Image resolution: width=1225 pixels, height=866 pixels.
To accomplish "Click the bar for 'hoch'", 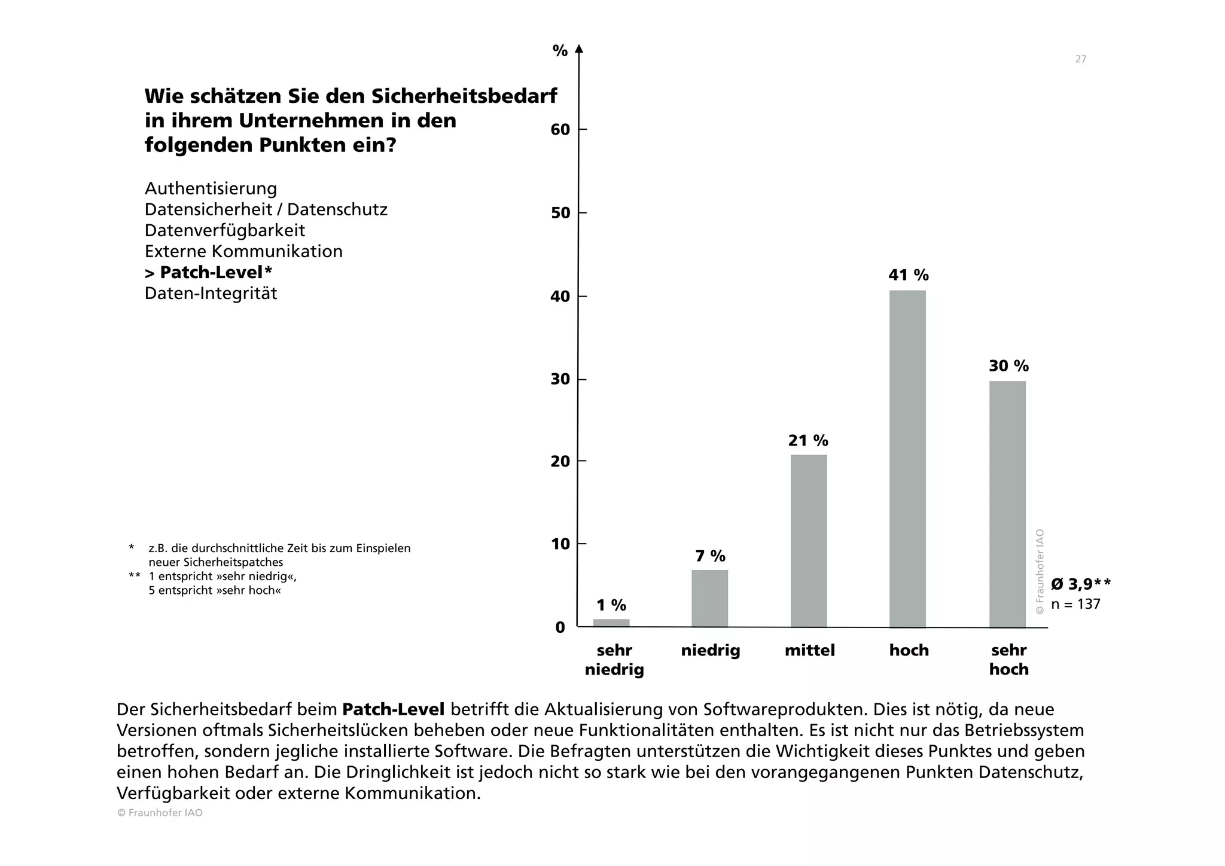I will pos(907,459).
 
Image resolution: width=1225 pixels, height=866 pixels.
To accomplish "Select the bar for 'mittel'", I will pos(809,541).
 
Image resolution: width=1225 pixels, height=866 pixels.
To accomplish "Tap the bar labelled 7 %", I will pos(710,598).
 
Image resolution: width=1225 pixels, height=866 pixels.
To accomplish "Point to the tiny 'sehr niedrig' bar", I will pos(611,623).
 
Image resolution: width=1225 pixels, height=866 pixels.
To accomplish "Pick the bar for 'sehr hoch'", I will pos(1007,504).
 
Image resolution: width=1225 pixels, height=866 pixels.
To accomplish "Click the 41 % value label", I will pos(909,275).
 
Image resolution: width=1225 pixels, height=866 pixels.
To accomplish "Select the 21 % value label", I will pos(808,441).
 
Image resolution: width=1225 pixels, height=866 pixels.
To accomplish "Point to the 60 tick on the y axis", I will pos(560,130).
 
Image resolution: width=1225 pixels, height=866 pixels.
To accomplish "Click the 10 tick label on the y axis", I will pos(560,544).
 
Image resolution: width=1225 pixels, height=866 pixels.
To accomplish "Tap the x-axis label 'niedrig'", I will pos(711,651).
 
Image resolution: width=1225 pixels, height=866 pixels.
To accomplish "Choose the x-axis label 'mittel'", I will pos(810,651).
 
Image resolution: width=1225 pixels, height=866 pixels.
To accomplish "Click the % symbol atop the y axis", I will pos(560,51).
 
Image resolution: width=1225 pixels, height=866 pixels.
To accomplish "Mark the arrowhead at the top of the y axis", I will pos(578,48).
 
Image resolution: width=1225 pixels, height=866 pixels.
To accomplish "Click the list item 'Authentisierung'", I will pos(211,189).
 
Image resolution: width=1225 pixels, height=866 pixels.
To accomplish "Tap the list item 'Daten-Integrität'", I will pos(211,294).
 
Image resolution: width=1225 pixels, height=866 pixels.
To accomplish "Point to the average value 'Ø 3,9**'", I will pos(1081,584).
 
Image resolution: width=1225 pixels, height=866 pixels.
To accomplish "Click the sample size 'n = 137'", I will pos(1075,604).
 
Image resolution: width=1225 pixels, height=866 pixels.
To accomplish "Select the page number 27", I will pos(1080,59).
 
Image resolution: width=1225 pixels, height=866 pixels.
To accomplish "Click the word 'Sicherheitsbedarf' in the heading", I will pos(464,96).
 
